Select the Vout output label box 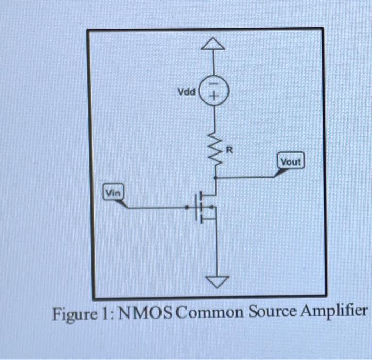[x=291, y=161]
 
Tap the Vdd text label [x=186, y=92]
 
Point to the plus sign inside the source [x=214, y=97]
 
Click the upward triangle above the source [x=213, y=45]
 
